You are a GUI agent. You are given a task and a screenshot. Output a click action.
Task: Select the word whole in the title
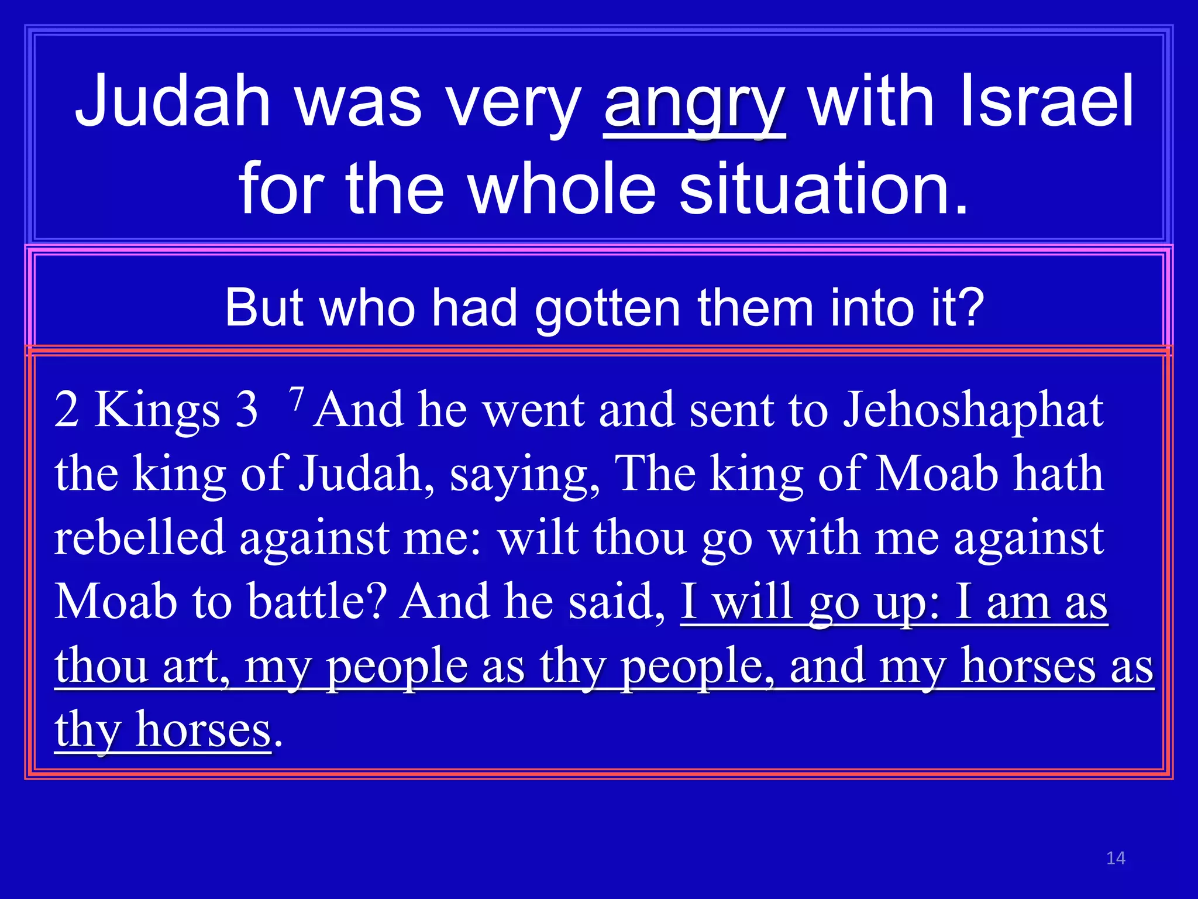562,188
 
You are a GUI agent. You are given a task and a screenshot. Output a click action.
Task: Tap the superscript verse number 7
297,400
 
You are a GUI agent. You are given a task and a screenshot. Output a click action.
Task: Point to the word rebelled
140,537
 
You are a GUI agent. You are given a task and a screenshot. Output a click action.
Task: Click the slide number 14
1116,858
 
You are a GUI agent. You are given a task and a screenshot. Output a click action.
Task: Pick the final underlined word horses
203,730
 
